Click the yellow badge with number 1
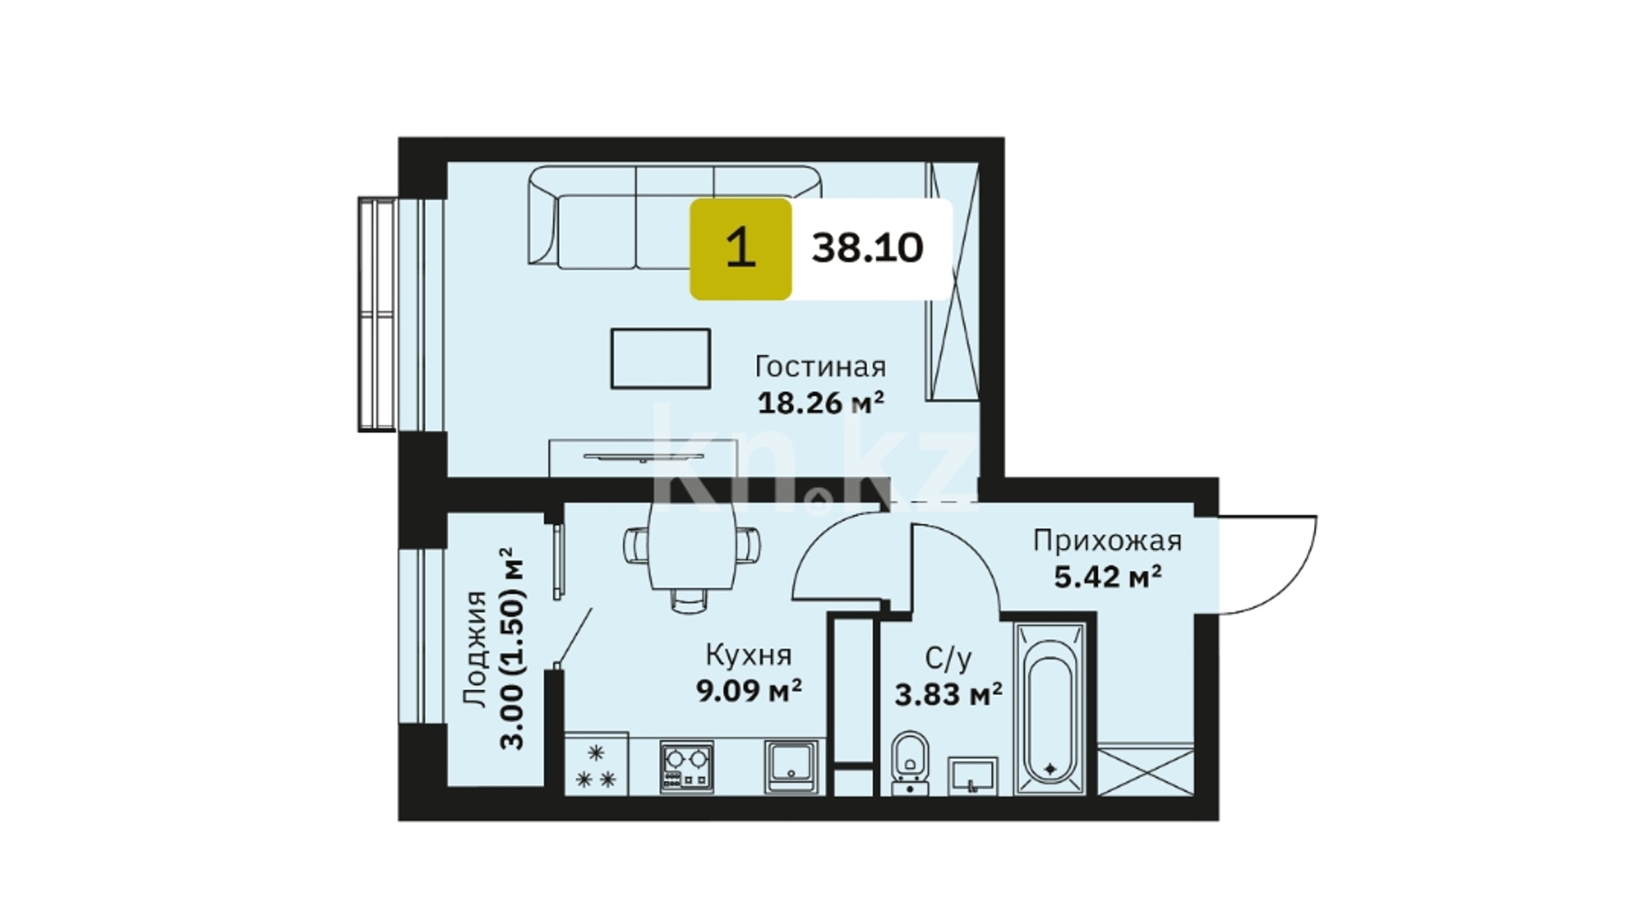[x=741, y=249]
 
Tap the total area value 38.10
[x=867, y=249]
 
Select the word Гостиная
[x=820, y=366]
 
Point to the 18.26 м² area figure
[x=820, y=403]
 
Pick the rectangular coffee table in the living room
[x=660, y=358]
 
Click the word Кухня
[x=749, y=655]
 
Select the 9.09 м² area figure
[x=749, y=691]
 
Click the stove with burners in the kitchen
[x=686, y=767]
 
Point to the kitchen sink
[x=791, y=767]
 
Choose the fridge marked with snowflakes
[x=596, y=765]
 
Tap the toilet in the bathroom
[x=911, y=763]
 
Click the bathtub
[x=1050, y=709]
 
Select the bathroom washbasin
[x=973, y=776]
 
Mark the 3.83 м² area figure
[x=948, y=695]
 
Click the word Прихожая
[x=1108, y=540]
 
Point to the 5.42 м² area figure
[x=1108, y=577]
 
